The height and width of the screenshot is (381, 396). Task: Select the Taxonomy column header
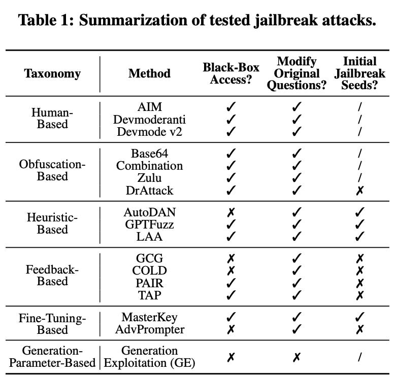pos(52,73)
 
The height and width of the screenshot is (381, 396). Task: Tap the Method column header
pos(149,73)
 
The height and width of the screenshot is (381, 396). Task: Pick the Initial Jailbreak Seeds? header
pos(360,73)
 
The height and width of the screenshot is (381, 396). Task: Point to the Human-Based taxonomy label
pos(52,119)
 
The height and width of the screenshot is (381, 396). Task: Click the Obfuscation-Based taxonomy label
pos(52,171)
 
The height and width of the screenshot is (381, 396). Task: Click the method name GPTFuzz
pos(149,224)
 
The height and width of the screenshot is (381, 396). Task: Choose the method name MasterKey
pos(149,318)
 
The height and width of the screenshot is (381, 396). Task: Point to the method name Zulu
pos(149,177)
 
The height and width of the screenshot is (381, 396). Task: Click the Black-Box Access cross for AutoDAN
pos(231,212)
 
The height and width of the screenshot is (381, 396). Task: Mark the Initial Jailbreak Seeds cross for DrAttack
pos(360,190)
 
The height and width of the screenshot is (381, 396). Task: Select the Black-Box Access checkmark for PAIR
pos(231,282)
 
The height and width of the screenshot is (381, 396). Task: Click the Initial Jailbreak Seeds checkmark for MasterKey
pos(360,318)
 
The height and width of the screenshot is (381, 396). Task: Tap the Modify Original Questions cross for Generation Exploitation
pos(297,357)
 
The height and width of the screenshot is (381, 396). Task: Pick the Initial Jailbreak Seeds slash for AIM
pos(360,107)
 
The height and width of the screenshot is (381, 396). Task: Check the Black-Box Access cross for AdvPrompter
pos(231,329)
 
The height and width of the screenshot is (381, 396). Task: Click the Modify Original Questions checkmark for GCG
pos(297,259)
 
